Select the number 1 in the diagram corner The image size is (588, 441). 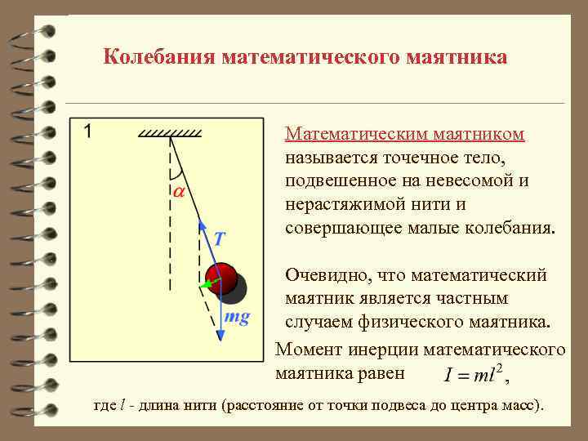[87, 131]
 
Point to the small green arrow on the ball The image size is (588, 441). [209, 284]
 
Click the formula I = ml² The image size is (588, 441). [475, 376]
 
